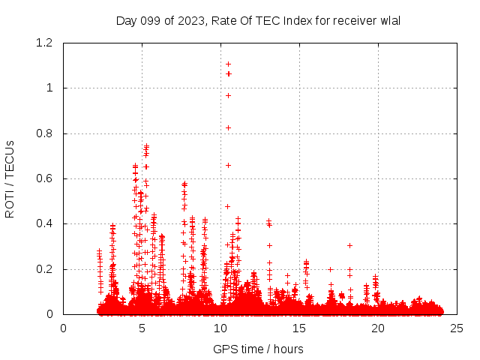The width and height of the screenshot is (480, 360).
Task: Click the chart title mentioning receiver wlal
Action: coord(258,20)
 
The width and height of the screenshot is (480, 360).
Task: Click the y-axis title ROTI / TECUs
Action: coord(10,178)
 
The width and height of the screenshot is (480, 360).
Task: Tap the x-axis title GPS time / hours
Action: coord(258,349)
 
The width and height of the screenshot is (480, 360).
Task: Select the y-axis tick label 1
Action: coord(50,88)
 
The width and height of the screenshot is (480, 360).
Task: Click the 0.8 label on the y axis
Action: coord(45,133)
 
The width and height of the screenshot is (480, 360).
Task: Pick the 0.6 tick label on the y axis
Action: coord(45,178)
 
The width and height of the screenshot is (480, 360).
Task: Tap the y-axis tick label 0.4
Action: coord(45,223)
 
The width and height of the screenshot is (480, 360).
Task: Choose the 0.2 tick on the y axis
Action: coord(45,269)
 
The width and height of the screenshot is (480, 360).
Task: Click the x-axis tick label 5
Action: coord(142,328)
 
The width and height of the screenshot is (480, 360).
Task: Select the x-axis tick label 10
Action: coord(220,328)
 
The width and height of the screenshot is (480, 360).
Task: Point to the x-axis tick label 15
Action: coord(299,328)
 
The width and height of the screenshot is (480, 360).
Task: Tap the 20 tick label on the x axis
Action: coord(378,328)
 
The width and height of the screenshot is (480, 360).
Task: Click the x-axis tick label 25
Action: coord(457,328)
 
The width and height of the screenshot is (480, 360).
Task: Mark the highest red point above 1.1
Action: coord(228,64)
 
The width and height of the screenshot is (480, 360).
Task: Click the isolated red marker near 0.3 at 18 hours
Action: coord(349,245)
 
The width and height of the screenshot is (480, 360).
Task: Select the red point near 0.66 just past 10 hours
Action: coord(228,165)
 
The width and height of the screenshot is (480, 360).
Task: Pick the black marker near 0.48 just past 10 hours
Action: coord(227,206)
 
